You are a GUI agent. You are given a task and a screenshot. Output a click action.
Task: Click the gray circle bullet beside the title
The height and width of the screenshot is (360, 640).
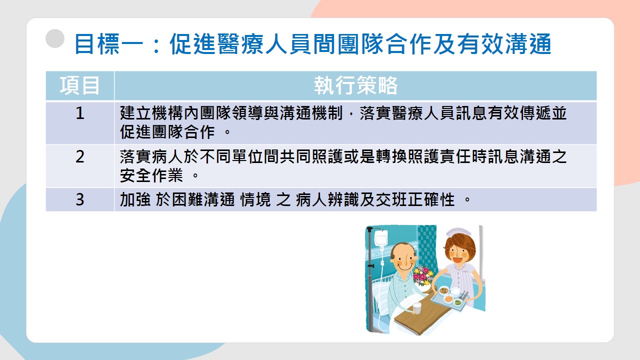[x=55, y=38]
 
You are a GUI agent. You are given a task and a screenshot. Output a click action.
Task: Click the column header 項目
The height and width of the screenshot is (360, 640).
[x=79, y=85]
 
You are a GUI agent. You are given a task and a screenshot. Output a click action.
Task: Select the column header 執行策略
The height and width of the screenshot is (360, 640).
[x=355, y=85]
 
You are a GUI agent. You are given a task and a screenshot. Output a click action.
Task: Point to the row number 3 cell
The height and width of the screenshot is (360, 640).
[x=80, y=199]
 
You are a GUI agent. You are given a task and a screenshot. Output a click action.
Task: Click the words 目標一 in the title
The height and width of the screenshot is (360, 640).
[x=109, y=44]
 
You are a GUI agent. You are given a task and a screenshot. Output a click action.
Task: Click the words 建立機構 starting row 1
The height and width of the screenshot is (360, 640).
[x=151, y=113]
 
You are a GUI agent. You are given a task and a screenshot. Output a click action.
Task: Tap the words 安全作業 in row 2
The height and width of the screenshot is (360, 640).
[x=151, y=175]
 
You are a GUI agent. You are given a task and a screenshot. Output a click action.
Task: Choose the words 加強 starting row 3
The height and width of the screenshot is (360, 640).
[x=135, y=199]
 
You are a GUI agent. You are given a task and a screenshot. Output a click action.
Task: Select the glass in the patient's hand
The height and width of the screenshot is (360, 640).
[x=417, y=308]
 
